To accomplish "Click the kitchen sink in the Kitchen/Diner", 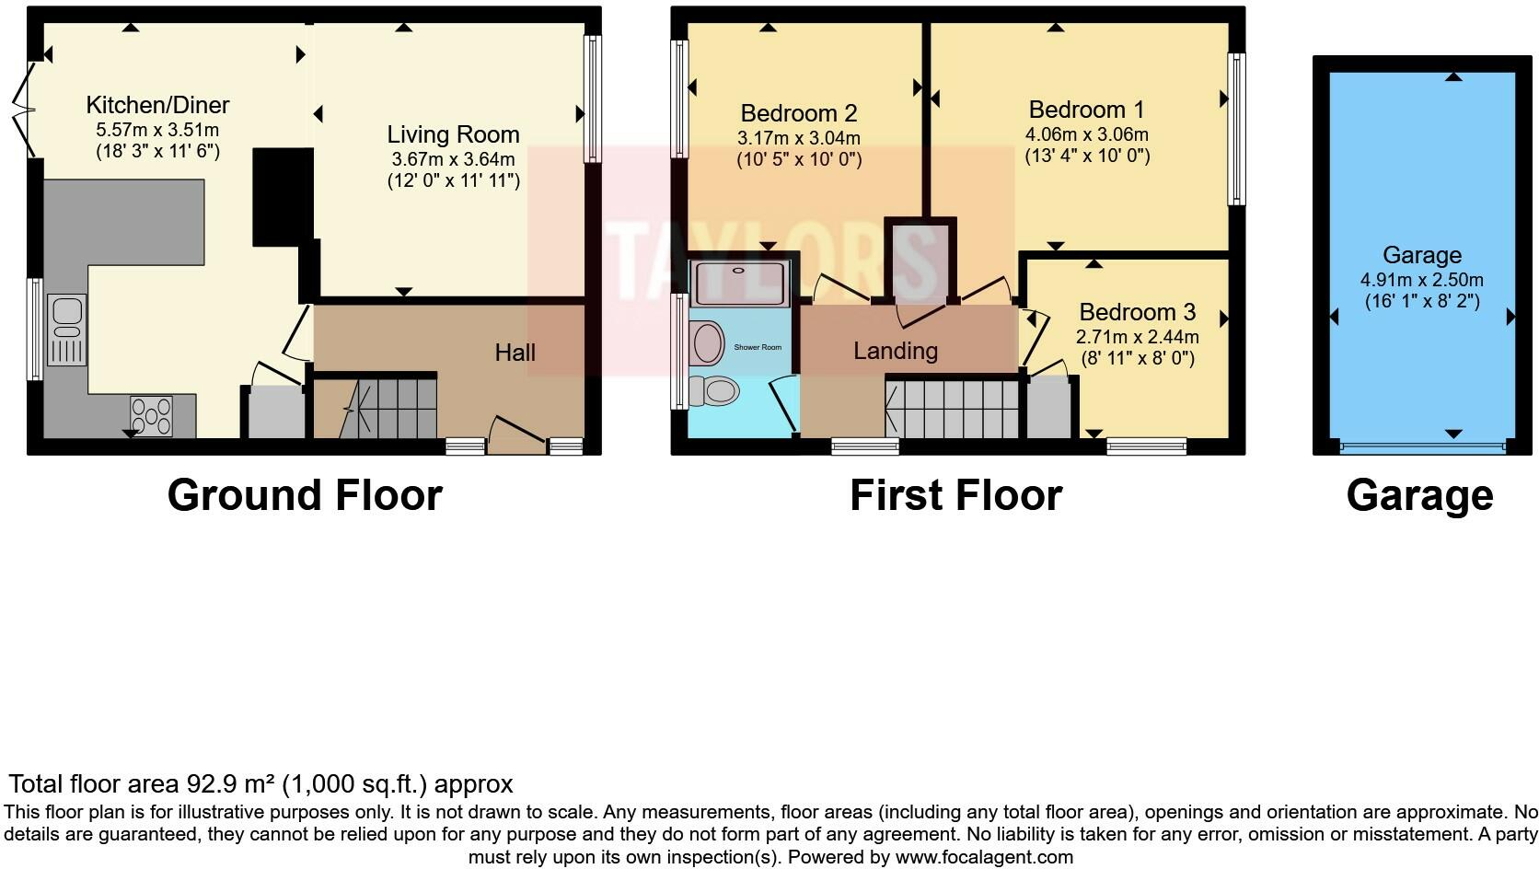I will tap(66, 329).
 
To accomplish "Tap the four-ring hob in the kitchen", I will tap(151, 414).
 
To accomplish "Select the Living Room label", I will tap(453, 134).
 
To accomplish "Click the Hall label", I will tap(515, 352).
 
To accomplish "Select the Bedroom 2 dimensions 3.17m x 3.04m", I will tap(798, 138).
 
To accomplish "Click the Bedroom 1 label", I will tap(1086, 110).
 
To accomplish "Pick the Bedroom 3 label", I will tap(1138, 312).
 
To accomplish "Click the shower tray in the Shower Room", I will tap(740, 283).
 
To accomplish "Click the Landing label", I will tap(895, 351).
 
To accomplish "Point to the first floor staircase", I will tap(953, 409).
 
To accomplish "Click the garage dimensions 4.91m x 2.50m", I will tap(1421, 280).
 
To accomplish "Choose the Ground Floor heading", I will tap(305, 495).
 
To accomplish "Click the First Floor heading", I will tap(955, 495).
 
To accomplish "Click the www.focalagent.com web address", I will tap(983, 857).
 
